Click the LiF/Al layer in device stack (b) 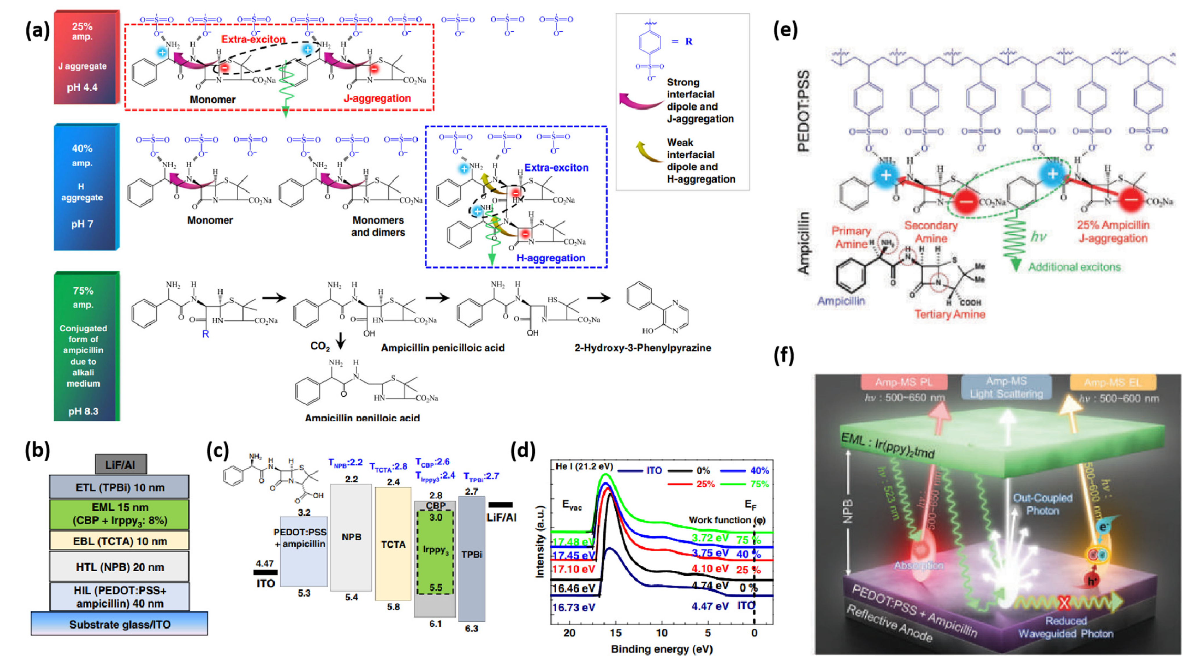tap(121, 464)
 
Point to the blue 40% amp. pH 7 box tap(86, 187)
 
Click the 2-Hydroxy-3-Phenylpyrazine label tap(642, 348)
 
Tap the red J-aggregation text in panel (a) tap(377, 98)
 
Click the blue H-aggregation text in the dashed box tap(551, 258)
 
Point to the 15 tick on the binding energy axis tap(615, 633)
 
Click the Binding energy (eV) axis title tap(662, 649)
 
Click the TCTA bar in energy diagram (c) tap(393, 544)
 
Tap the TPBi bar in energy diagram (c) tap(471, 554)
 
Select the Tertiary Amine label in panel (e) tap(950, 314)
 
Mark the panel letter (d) tap(523, 450)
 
